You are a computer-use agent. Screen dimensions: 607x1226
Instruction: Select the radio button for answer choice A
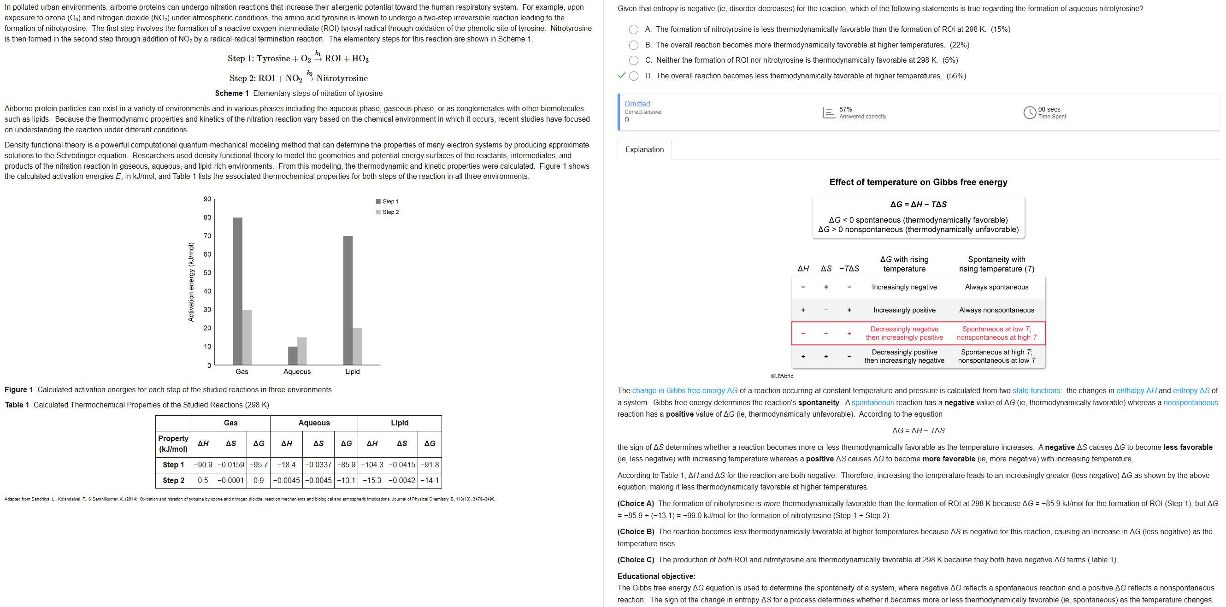pos(633,29)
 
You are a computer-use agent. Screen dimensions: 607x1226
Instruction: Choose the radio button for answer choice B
pos(633,45)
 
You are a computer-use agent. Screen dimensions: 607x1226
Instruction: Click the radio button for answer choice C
pos(633,60)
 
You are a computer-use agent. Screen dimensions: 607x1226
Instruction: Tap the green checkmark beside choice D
pos(621,76)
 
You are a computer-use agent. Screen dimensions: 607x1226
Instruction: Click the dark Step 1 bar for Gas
pos(237,291)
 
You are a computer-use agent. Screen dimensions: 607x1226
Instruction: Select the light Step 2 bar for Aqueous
pos(302,351)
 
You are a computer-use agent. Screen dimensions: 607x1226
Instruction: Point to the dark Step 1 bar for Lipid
pos(348,300)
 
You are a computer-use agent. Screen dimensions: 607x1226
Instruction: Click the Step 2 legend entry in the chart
pos(388,212)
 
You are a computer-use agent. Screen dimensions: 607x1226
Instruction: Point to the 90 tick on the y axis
pos(207,199)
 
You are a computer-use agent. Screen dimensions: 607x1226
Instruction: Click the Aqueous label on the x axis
pos(297,372)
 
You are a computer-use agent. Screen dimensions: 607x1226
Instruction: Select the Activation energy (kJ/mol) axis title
pos(191,282)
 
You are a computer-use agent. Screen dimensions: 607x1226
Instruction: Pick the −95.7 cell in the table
pos(259,465)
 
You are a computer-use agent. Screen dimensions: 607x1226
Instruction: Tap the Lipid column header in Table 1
pos(399,423)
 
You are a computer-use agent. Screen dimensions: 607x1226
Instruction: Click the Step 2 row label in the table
pos(173,480)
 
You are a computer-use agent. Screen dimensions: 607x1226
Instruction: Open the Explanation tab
pos(644,149)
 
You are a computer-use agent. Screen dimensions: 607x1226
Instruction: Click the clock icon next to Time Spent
pos(1030,113)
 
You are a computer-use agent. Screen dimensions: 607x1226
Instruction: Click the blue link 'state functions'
pos(1036,391)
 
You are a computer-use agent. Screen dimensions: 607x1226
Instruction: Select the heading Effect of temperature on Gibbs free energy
pos(918,183)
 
